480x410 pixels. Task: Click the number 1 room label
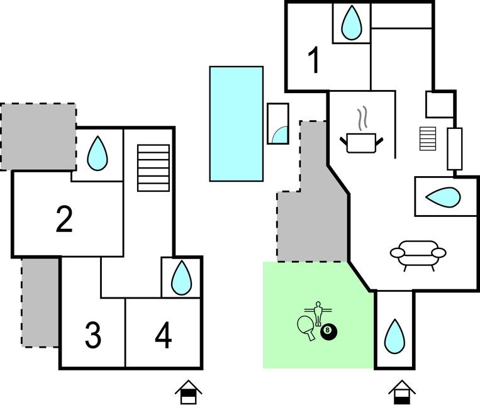point(313,62)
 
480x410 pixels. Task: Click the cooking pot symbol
point(362,142)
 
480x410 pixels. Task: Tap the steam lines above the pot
point(362,118)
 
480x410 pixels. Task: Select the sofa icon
point(418,254)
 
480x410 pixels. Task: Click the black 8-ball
point(328,332)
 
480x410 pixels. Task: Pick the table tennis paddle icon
point(307,327)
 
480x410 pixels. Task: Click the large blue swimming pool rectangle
point(236,123)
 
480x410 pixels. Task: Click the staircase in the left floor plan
point(153,168)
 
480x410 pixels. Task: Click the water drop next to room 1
point(351,23)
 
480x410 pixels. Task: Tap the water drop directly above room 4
point(182,277)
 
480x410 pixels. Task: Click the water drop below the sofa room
point(394,336)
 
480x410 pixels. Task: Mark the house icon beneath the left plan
point(187,392)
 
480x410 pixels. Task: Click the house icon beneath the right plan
point(402,392)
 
